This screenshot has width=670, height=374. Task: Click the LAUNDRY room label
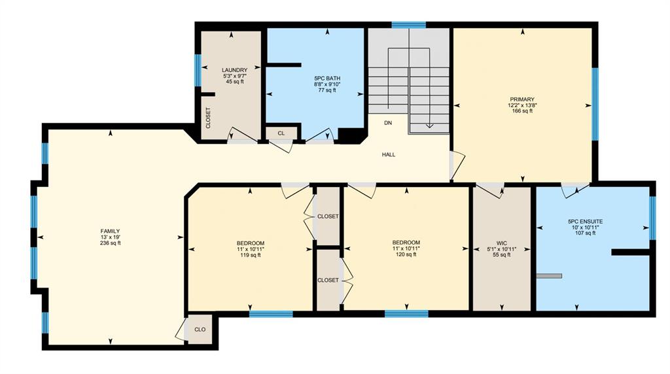(235, 70)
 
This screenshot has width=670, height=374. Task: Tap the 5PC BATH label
(327, 78)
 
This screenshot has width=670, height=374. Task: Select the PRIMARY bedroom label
(522, 99)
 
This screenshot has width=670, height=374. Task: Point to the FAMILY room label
(110, 231)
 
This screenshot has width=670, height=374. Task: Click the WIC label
(502, 243)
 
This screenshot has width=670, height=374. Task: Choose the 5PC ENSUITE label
(586, 222)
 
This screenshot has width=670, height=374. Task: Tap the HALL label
(389, 154)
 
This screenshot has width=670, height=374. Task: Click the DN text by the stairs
(388, 123)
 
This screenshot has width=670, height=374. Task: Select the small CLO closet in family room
(200, 330)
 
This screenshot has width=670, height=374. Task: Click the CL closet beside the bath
(281, 133)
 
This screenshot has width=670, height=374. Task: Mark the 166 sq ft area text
(522, 111)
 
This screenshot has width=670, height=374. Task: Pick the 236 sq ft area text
(110, 243)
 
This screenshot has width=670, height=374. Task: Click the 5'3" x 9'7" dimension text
(235, 76)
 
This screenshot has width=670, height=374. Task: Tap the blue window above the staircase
(408, 25)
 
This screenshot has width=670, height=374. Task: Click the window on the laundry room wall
(198, 71)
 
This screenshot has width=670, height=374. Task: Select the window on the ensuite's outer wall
(652, 218)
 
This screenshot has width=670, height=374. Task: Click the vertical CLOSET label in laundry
(209, 118)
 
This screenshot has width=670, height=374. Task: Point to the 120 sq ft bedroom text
(406, 255)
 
